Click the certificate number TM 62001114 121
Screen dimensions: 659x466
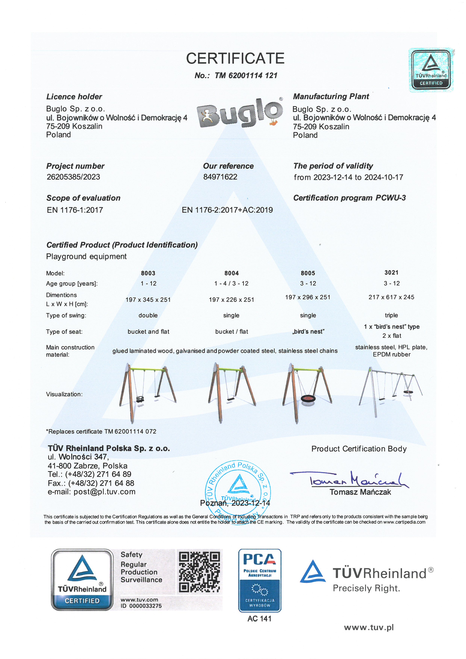(x=246, y=76)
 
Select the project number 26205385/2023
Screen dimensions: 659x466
(x=73, y=177)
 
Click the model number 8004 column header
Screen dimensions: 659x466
(x=231, y=273)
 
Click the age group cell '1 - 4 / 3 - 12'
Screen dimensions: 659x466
(x=231, y=283)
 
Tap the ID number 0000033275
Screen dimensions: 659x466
(x=145, y=606)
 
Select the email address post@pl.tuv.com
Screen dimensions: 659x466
(x=104, y=492)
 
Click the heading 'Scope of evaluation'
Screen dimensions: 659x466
(x=83, y=198)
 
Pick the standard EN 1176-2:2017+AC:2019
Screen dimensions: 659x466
(x=227, y=210)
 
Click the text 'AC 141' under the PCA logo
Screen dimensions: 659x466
(x=259, y=619)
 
